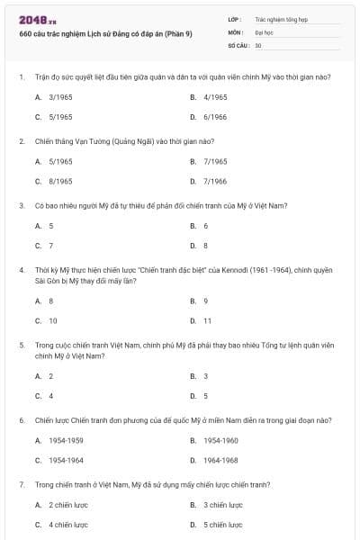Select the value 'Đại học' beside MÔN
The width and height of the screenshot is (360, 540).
point(265,31)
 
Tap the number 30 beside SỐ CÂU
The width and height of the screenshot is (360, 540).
point(258,44)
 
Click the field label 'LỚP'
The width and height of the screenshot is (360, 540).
point(236,19)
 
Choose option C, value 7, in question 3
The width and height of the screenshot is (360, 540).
point(50,246)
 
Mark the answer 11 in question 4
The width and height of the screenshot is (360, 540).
point(208,320)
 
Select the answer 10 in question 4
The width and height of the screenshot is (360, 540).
point(52,320)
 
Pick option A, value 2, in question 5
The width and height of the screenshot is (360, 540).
point(50,376)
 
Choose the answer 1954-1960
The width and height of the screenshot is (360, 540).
point(220,440)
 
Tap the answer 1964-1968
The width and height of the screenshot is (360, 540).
point(220,460)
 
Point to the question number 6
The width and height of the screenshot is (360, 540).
point(21,419)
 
